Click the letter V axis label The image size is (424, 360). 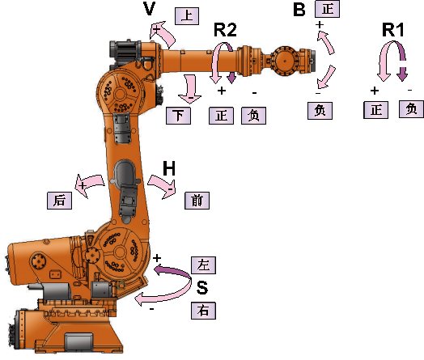(149, 8)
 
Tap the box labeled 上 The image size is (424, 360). (187, 16)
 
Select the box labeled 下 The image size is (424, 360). (178, 116)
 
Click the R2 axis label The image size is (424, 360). (225, 30)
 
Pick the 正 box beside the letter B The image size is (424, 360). (327, 9)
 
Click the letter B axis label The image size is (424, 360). (299, 9)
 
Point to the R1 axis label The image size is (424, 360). (393, 30)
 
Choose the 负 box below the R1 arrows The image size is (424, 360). (411, 109)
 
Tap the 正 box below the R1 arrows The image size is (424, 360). (376, 110)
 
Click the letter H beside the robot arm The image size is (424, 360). (169, 168)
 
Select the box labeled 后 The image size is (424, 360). (60, 201)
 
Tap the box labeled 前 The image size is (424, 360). (197, 201)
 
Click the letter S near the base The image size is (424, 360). (202, 287)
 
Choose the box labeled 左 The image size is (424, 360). (203, 265)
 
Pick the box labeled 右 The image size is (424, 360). (203, 311)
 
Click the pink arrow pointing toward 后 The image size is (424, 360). (89, 184)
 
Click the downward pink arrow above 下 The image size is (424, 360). (190, 90)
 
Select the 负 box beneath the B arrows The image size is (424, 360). (320, 111)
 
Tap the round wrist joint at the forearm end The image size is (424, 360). (285, 61)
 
